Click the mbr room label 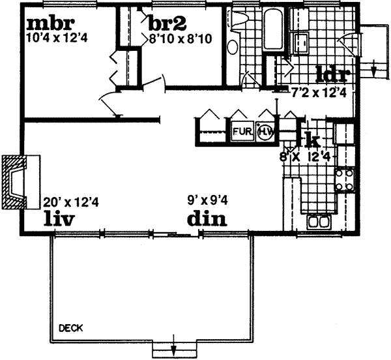pos(46,24)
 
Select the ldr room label pos(334,72)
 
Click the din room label pos(207,218)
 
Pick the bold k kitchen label pos(311,139)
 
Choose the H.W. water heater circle pos(265,132)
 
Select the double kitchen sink pos(319,222)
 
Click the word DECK pos(70,327)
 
